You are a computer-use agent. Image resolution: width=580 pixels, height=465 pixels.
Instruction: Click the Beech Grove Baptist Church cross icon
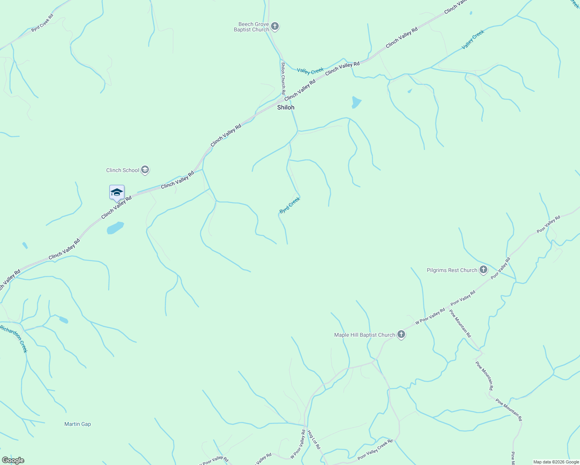[x=275, y=26]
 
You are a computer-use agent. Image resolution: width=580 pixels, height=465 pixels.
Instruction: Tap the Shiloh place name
[x=286, y=107]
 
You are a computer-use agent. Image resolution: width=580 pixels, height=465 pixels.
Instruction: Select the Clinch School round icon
[x=145, y=170]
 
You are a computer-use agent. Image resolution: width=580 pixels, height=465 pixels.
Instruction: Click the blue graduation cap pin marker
[x=117, y=193]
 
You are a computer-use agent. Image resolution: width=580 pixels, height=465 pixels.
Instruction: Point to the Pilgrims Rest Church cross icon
[x=483, y=270]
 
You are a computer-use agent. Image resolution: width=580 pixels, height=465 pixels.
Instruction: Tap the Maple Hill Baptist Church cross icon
[x=401, y=334]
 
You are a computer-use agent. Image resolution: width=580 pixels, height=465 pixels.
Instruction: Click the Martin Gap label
[x=78, y=424]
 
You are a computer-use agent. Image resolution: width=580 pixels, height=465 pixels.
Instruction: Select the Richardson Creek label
[x=14, y=339]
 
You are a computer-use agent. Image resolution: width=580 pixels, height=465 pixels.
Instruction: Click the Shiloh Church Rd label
[x=283, y=78]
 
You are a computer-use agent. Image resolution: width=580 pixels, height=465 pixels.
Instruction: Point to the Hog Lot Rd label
[x=314, y=439]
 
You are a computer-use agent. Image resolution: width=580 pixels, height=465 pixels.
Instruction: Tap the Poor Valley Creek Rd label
[x=375, y=449]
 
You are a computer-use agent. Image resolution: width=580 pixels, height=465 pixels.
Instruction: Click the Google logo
[x=13, y=460]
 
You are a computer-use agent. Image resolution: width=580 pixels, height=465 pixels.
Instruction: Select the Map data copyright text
[x=556, y=462]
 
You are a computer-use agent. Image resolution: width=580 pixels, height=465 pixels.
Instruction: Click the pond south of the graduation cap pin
[x=115, y=227]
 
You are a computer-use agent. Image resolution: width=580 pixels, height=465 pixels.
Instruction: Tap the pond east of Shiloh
[x=356, y=102]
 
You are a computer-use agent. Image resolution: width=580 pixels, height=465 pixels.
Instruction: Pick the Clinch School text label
[x=123, y=170]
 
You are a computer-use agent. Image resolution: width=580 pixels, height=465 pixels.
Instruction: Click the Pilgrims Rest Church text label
[x=452, y=270]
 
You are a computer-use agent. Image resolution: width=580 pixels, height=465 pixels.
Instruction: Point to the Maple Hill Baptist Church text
[x=364, y=335]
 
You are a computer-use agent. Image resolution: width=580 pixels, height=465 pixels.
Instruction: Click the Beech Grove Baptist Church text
[x=252, y=27]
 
